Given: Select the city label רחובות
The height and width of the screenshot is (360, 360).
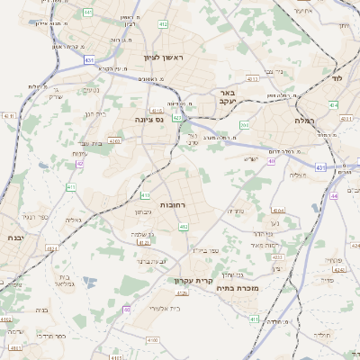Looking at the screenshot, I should tap(173, 205).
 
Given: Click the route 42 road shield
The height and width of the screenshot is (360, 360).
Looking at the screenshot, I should tap(80, 164).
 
